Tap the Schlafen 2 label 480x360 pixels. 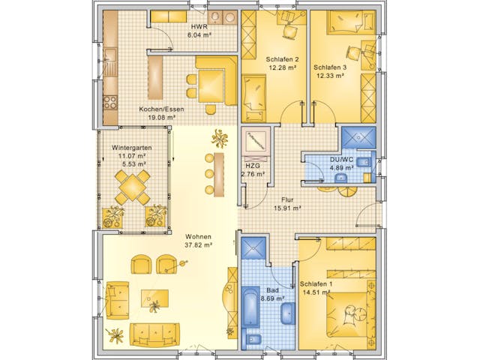click(282, 59)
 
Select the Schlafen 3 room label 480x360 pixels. click(329, 66)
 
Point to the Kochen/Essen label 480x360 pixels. click(157, 109)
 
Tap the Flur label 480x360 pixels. click(286, 200)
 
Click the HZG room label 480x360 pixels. click(253, 166)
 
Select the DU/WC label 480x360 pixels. click(341, 159)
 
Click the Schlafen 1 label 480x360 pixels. click(316, 284)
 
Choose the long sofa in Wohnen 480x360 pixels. click(154, 332)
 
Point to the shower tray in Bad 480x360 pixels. click(253, 249)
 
